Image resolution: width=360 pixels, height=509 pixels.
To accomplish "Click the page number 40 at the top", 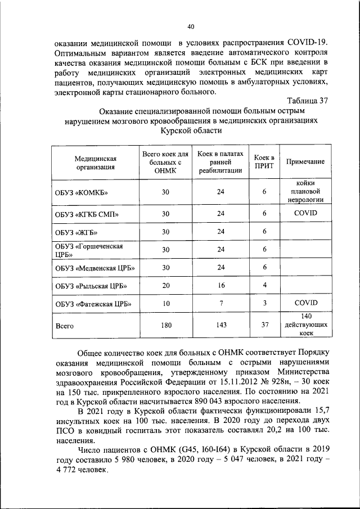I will point(191,26).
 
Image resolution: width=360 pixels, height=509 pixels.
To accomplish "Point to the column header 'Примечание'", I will point(305,162).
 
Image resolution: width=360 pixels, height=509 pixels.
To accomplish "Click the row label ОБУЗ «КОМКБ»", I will point(81,193).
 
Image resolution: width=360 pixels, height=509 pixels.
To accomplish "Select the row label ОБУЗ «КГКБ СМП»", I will point(87,214).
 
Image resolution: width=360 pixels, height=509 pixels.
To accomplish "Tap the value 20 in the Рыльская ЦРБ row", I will point(165,286).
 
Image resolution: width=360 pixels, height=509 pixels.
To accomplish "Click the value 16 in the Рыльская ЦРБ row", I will point(220,286).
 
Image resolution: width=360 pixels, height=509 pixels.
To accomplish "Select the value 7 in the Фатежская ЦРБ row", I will point(220,304).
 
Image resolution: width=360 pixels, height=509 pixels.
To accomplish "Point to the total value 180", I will point(165,325).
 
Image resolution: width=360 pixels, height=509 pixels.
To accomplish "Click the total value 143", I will point(220,325).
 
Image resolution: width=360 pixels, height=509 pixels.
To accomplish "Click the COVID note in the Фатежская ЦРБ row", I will point(305,303).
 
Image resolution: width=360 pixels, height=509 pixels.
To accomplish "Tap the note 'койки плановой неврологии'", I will point(305,191).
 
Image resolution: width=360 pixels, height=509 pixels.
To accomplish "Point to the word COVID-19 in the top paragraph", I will point(299,42).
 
